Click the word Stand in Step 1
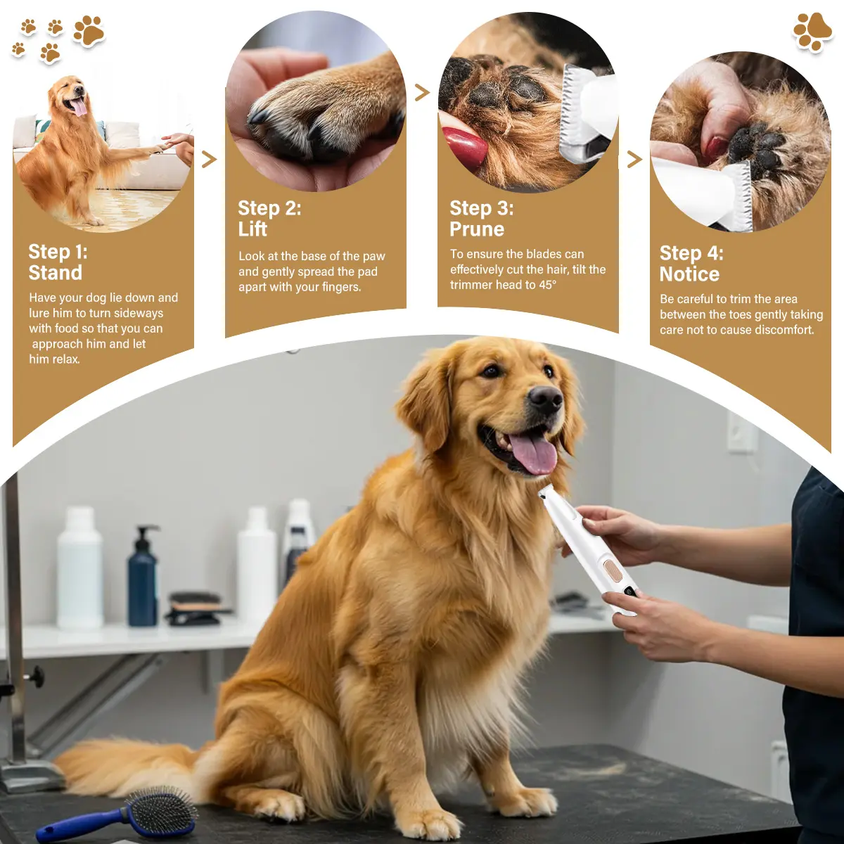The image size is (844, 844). (55, 272)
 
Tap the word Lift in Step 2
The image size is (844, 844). (252, 229)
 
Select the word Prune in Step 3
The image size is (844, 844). (477, 229)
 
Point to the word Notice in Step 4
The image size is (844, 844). (689, 274)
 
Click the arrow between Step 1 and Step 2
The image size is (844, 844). (210, 160)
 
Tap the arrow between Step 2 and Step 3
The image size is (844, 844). (422, 92)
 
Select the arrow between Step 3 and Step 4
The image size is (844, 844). (634, 159)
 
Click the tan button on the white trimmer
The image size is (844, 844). (613, 570)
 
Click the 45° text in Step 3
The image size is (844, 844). (547, 285)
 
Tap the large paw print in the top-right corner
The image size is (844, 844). (812, 32)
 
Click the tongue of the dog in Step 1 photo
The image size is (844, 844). (79, 108)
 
